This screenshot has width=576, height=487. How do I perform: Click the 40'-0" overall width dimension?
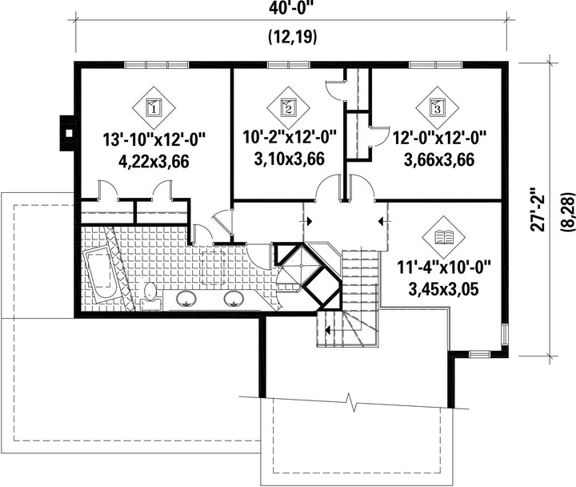pyautogui.click(x=292, y=7)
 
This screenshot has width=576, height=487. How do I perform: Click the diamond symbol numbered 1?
pyautogui.click(x=154, y=108)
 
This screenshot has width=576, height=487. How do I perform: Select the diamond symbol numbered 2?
pyautogui.click(x=288, y=108)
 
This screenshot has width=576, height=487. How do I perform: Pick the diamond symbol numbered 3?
pyautogui.click(x=437, y=108)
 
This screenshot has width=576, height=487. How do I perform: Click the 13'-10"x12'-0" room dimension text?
pyautogui.click(x=154, y=140)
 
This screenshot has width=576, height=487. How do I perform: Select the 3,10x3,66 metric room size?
pyautogui.click(x=289, y=159)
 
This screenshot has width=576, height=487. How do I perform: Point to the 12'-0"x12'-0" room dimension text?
pyautogui.click(x=439, y=139)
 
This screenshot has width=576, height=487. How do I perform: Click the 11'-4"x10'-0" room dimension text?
pyautogui.click(x=444, y=268)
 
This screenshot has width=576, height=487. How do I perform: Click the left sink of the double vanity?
pyautogui.click(x=187, y=298)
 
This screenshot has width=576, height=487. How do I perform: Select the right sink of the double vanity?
pyautogui.click(x=234, y=298)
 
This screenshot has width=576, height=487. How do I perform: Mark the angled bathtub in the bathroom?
pyautogui.click(x=99, y=275)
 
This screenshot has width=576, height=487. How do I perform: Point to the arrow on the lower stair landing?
pyautogui.click(x=327, y=330)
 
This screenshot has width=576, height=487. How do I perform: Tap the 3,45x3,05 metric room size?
pyautogui.click(x=444, y=289)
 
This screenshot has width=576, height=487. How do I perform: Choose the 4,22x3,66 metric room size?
pyautogui.click(x=154, y=162)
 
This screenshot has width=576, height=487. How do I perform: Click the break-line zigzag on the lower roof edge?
pyautogui.click(x=354, y=402)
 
